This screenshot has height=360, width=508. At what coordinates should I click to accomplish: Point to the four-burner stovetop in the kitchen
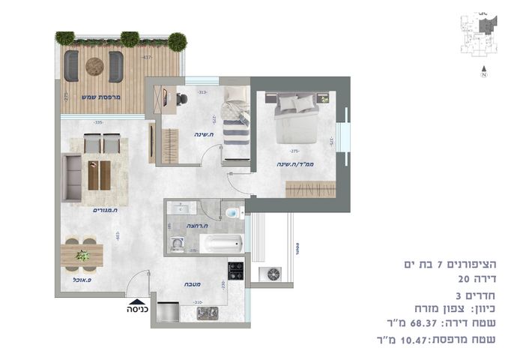point(235,270)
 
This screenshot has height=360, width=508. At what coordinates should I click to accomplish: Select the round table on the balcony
point(94,66)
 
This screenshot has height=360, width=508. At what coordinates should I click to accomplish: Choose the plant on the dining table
point(82,255)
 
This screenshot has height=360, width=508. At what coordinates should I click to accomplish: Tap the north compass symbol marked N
point(483,74)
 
